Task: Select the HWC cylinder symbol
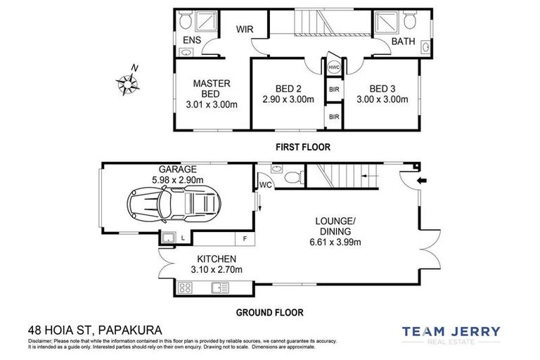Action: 333,67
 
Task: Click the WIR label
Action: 244,29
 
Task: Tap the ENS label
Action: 192,41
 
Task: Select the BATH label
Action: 403,41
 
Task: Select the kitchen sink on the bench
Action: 220,287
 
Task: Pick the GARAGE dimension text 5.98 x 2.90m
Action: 176,180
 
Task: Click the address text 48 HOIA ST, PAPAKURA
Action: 95,329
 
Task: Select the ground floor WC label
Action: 266,186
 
